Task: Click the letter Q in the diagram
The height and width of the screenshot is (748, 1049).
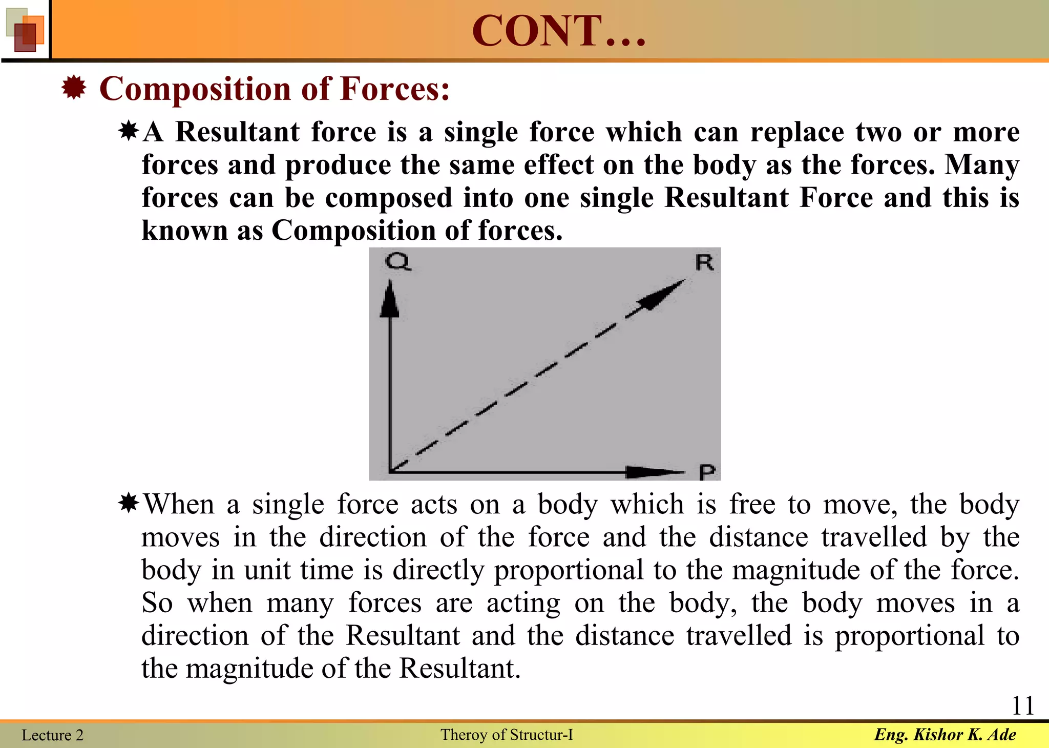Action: click(397, 262)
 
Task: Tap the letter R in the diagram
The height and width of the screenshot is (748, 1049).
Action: click(704, 263)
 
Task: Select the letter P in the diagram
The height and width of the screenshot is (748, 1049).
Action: click(707, 472)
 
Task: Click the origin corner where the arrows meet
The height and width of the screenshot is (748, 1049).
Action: click(390, 471)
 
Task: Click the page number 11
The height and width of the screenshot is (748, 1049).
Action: click(1023, 705)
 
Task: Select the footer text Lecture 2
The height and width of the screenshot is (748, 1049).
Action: click(52, 735)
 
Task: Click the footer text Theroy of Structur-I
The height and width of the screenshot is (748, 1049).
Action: click(507, 735)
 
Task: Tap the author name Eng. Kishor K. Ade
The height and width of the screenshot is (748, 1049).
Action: click(945, 735)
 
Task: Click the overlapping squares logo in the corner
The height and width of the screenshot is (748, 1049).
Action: click(25, 30)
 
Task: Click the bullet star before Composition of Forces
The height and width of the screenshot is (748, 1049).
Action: click(74, 88)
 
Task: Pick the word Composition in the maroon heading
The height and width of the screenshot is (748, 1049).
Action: click(195, 89)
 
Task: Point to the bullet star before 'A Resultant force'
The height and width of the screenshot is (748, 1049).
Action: click(129, 131)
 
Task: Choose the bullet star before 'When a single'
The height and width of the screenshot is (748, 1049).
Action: click(129, 504)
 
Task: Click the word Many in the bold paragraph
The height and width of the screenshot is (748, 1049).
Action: click(982, 165)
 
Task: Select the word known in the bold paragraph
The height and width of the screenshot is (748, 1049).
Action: click(184, 231)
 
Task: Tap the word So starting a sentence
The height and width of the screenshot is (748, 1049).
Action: click(157, 603)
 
